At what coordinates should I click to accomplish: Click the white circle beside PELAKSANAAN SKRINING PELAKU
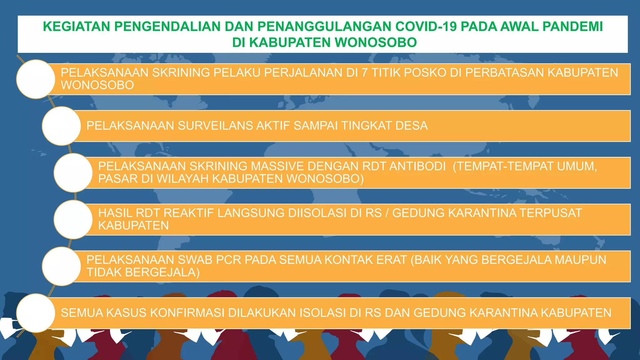coord(36,79)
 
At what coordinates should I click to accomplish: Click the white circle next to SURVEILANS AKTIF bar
coord(62,126)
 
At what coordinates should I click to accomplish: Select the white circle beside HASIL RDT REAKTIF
coord(73,220)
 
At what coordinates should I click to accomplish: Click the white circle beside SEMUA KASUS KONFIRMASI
coord(36,313)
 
